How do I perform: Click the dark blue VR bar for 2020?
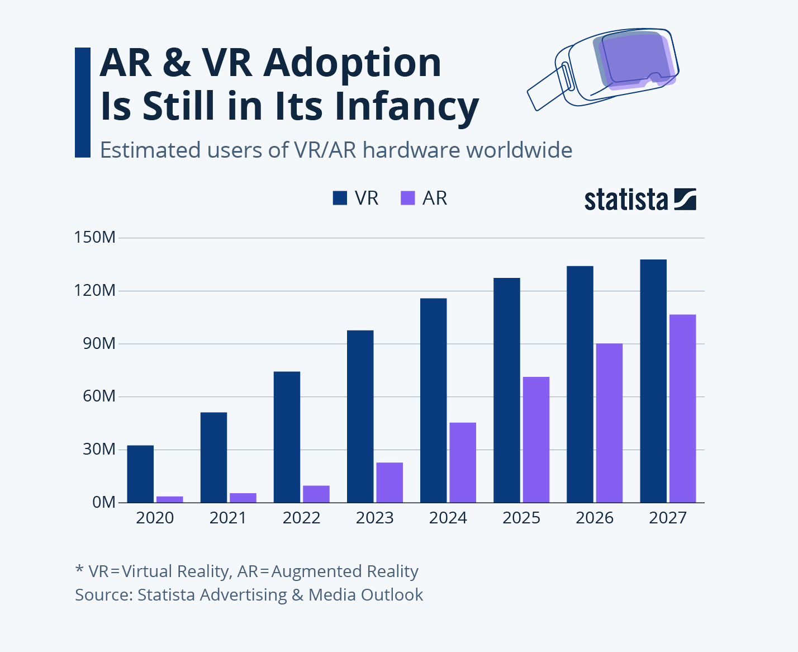tap(140, 474)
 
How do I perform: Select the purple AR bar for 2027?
tap(682, 408)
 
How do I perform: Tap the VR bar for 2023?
tap(360, 416)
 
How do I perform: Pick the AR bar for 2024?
tap(463, 462)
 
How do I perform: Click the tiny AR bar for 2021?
tap(243, 498)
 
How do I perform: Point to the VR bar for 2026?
tap(579, 384)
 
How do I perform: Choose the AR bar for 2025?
tap(536, 440)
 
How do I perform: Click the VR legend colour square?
tap(340, 198)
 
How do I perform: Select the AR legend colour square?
tap(408, 198)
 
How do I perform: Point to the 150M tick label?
tap(95, 237)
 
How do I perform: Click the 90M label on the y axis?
tap(99, 343)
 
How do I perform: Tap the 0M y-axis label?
tap(104, 502)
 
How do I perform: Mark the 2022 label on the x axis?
tap(301, 518)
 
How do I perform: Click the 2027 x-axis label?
tap(667, 518)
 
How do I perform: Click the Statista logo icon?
tap(685, 199)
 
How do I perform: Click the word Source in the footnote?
tap(103, 594)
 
